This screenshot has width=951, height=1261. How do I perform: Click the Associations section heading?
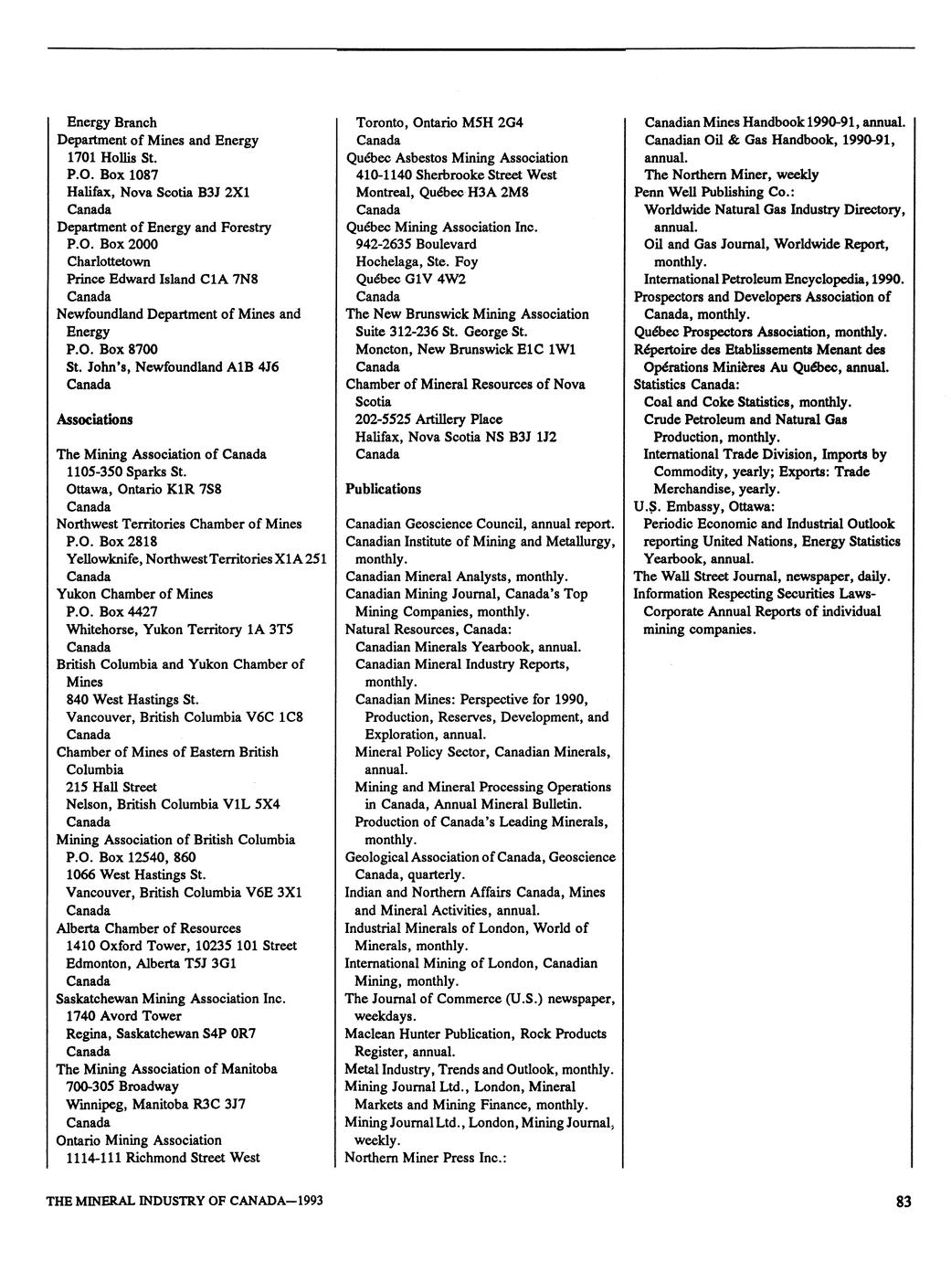click(x=94, y=419)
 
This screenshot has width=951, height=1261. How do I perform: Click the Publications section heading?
click(x=383, y=489)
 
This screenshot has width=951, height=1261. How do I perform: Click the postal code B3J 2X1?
click(x=228, y=192)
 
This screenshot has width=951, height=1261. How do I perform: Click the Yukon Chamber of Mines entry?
click(x=134, y=594)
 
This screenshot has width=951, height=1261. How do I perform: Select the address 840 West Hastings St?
click(x=132, y=699)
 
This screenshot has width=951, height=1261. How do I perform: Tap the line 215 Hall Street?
click(x=111, y=787)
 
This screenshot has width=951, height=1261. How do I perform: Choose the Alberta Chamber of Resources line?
click(x=149, y=927)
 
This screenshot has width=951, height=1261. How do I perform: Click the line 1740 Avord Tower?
click(x=123, y=1015)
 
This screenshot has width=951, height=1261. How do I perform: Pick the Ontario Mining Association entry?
click(x=139, y=1139)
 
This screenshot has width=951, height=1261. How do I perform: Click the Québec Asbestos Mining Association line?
click(x=456, y=157)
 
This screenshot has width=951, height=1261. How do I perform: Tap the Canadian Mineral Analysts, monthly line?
click(x=457, y=576)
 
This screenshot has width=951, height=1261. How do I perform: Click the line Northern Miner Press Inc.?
click(x=425, y=1158)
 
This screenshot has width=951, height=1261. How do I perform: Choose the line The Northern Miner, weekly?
click(x=731, y=175)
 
